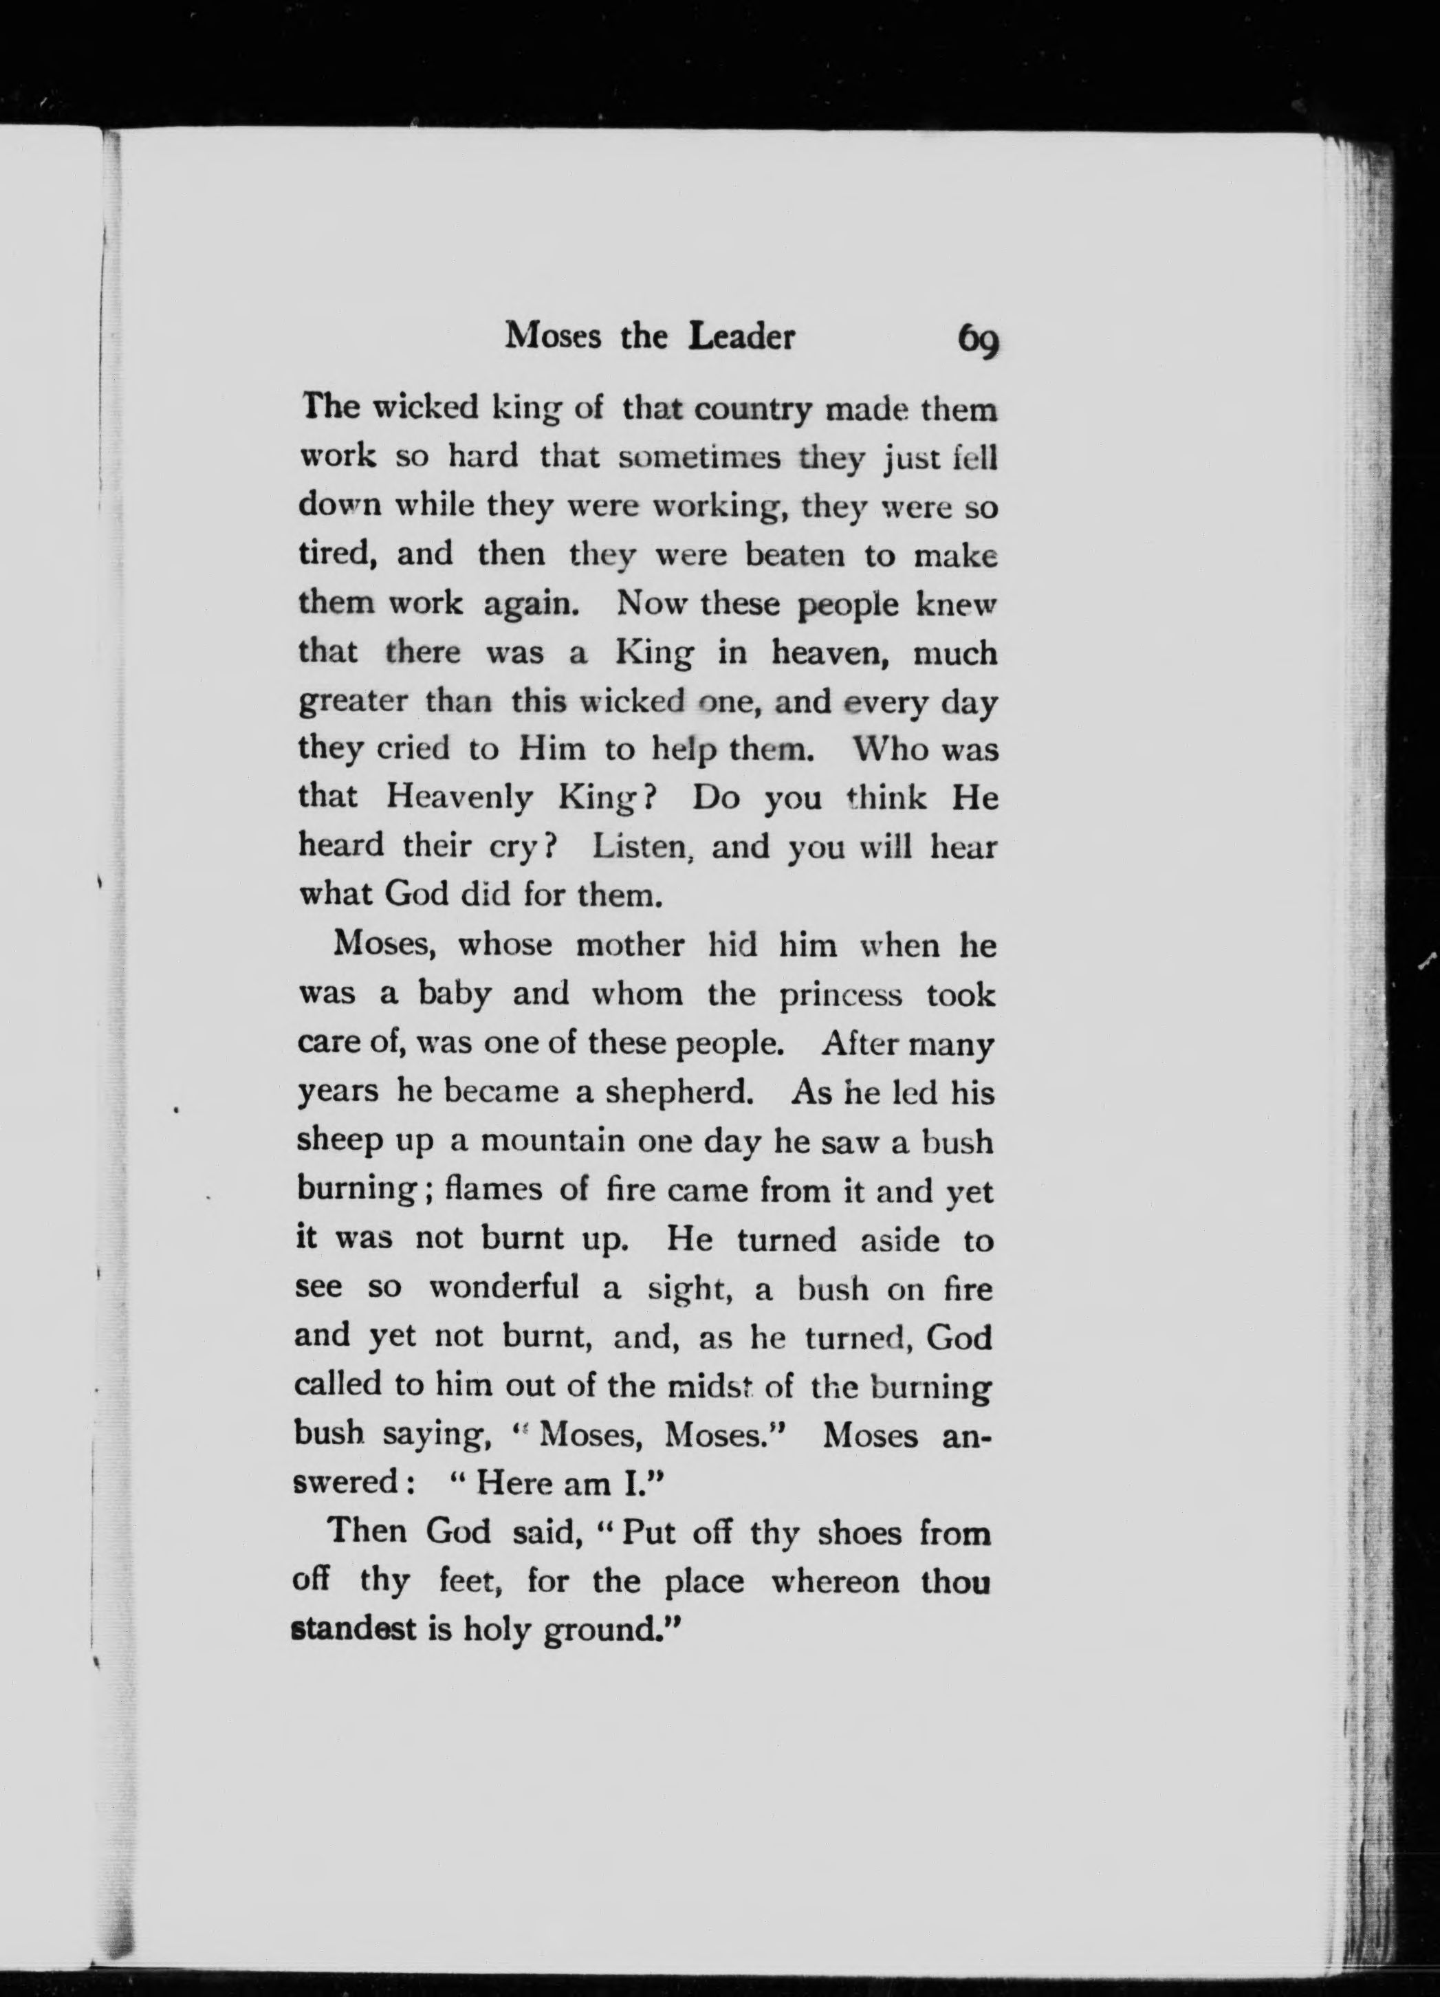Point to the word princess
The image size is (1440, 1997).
[841, 995]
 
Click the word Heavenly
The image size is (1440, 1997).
[460, 798]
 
